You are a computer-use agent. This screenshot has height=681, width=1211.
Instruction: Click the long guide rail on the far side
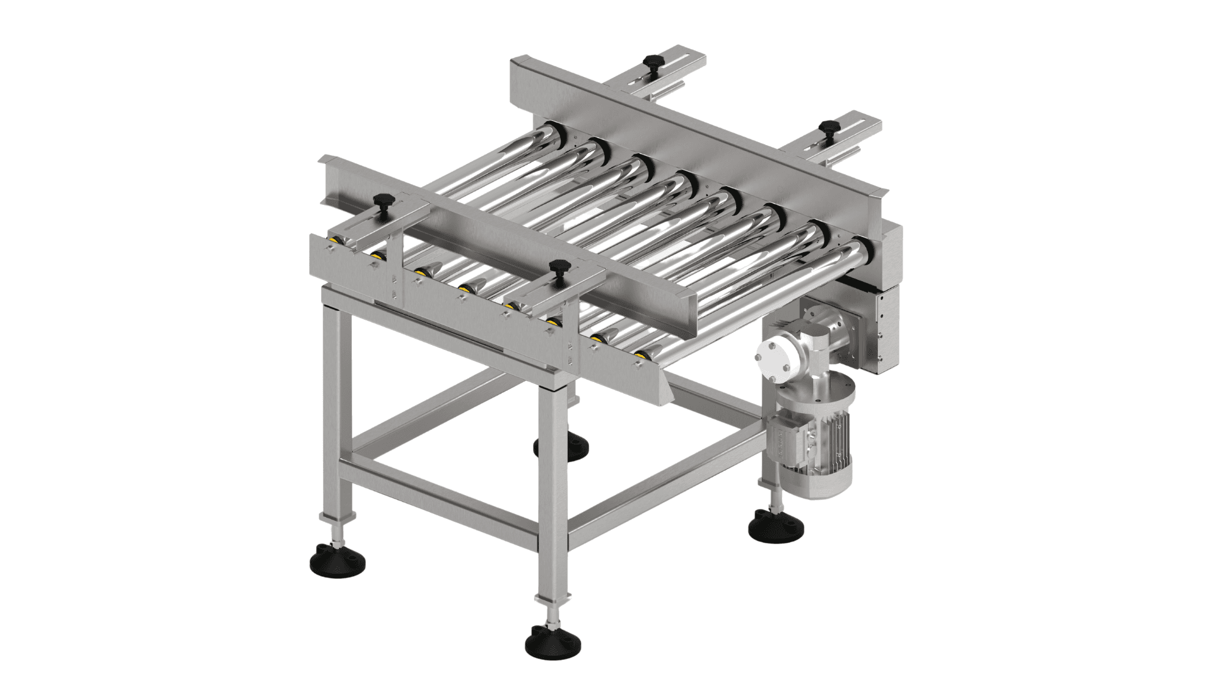[694, 132]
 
